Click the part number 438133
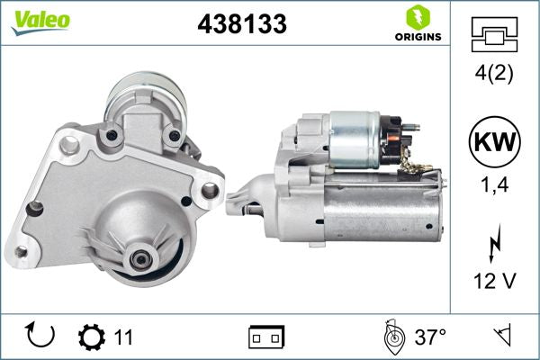pyautogui.click(x=241, y=24)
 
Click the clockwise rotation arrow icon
pyautogui.click(x=41, y=337)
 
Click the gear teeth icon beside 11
pyautogui.click(x=93, y=337)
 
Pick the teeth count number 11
pyautogui.click(x=123, y=337)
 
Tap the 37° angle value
pyautogui.click(x=431, y=337)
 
